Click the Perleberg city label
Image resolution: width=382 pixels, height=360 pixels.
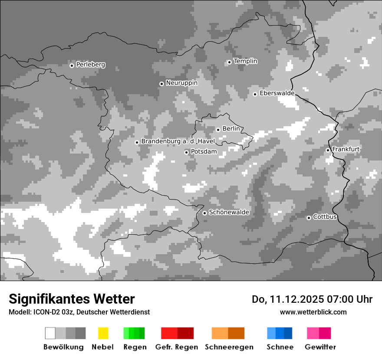tap(90, 65)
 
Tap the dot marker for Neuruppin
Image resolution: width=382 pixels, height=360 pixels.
tap(161, 84)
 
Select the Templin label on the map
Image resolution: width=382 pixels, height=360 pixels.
tap(245, 61)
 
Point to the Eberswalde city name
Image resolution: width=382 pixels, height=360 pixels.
tap(277, 93)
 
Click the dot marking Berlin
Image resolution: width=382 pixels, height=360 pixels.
tap(218, 130)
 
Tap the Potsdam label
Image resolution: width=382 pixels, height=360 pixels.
tap(204, 152)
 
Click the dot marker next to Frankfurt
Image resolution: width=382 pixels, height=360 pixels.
tap(328, 150)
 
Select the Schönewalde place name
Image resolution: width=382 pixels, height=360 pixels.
tap(229, 213)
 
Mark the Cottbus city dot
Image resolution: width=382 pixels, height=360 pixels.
tap(309, 218)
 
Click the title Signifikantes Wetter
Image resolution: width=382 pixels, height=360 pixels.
tap(72, 299)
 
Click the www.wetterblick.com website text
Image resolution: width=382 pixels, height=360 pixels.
tap(313, 312)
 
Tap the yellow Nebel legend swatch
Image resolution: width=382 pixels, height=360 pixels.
tap(103, 333)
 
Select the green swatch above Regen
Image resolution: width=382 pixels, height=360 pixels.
tap(134, 333)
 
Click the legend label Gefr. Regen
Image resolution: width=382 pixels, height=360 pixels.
tap(176, 347)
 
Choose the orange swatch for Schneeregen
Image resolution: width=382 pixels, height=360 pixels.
tap(228, 333)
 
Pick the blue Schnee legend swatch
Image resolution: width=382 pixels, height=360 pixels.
tap(279, 333)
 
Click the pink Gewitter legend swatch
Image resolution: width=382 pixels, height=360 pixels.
tap(319, 333)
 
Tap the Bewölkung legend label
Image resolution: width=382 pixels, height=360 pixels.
tap(63, 347)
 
